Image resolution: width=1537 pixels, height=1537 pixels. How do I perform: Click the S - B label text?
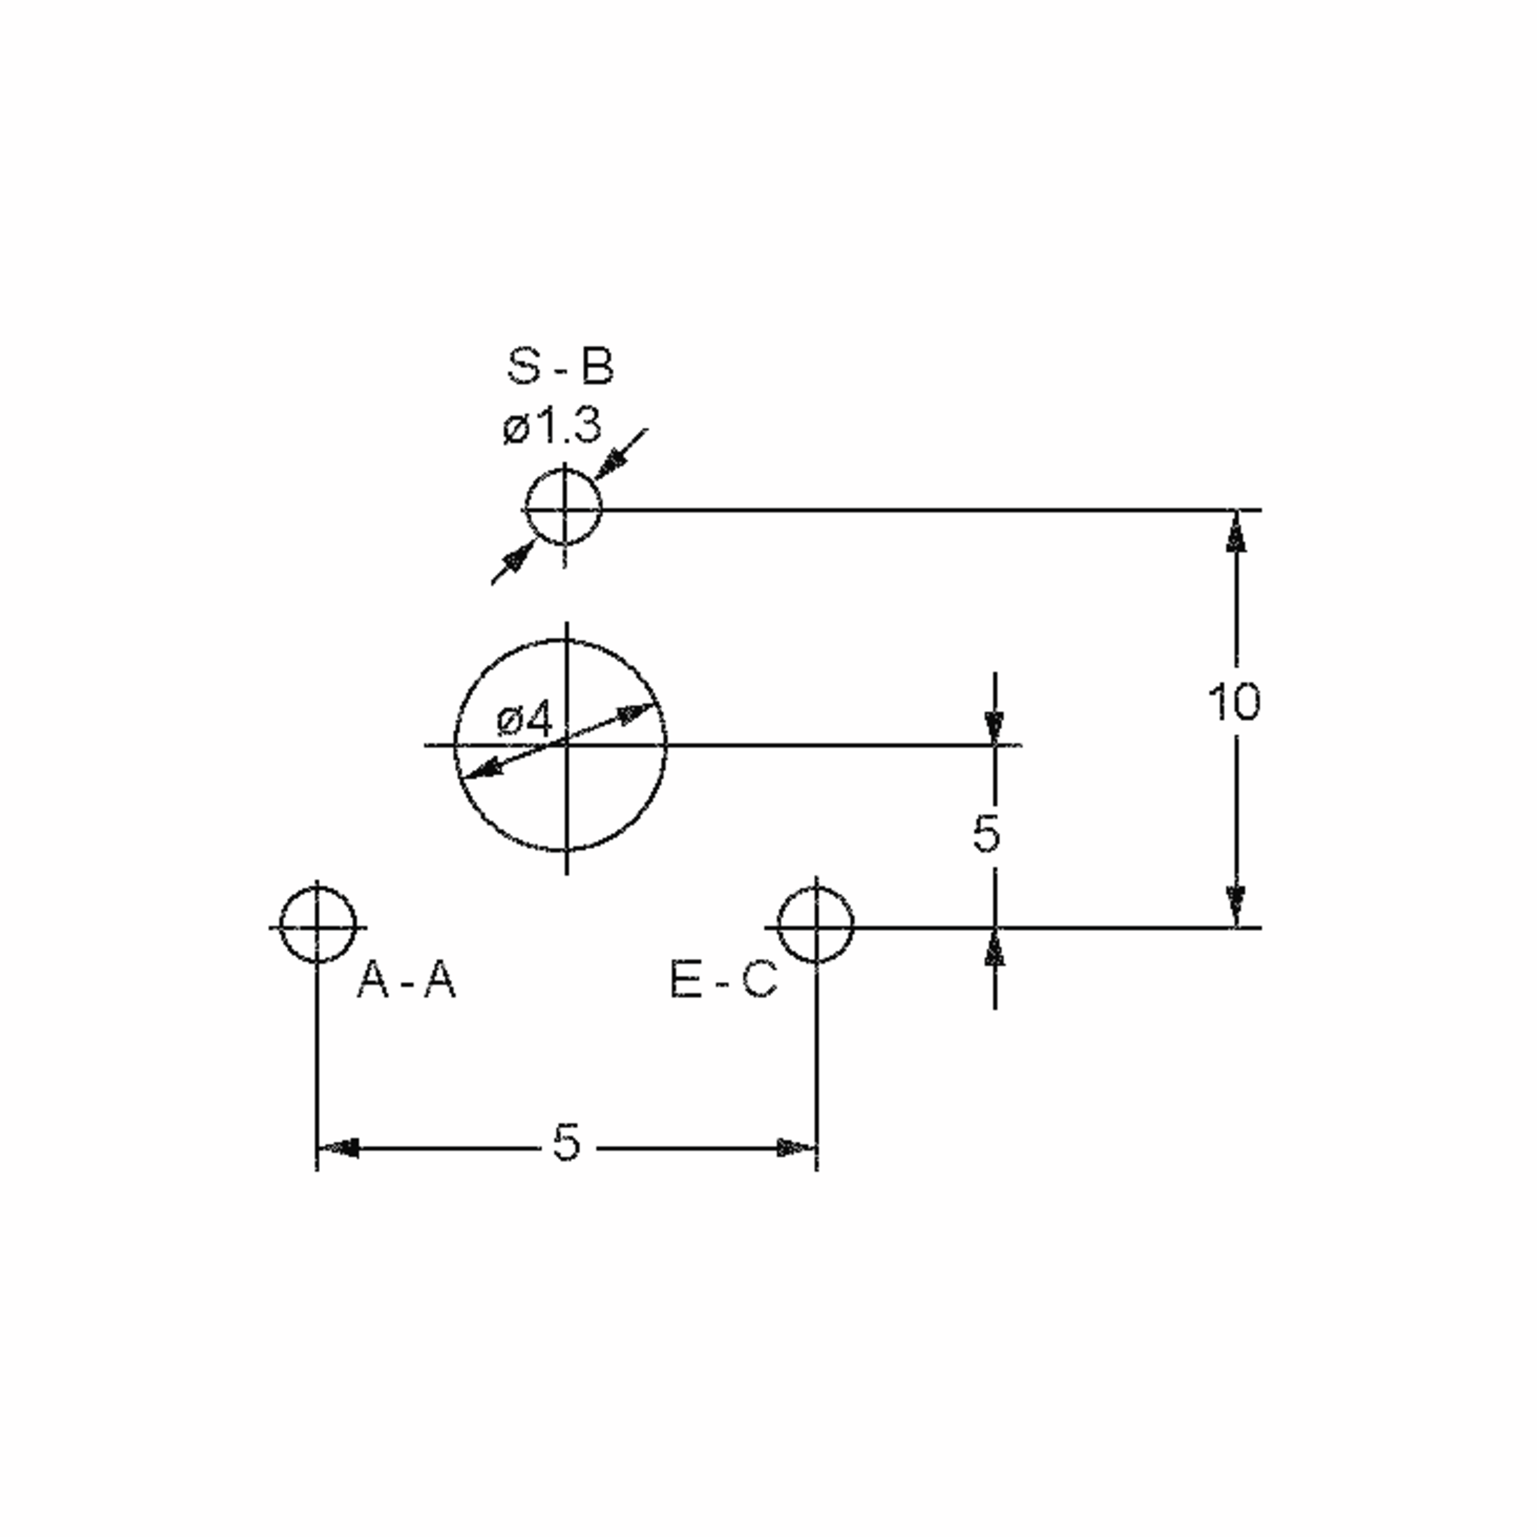click(x=560, y=368)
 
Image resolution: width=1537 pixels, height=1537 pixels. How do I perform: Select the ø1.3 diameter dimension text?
click(x=551, y=427)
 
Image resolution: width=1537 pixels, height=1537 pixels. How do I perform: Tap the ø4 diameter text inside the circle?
click(x=523, y=720)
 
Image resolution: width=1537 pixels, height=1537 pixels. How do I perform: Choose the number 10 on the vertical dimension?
click(x=1233, y=703)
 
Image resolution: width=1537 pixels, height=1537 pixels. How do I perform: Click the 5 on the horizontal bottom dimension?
click(x=566, y=1143)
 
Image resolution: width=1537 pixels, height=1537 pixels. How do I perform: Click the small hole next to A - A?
click(x=318, y=926)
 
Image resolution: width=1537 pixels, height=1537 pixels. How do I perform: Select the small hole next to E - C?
click(x=815, y=926)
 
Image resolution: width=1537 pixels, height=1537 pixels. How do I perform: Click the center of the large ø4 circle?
click(x=565, y=745)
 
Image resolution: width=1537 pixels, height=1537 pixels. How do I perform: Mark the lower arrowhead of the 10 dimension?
click(x=1235, y=906)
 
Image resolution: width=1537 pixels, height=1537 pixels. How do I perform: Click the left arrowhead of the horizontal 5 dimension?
click(x=339, y=1148)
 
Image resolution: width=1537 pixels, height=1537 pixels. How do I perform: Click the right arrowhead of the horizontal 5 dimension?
click(x=795, y=1148)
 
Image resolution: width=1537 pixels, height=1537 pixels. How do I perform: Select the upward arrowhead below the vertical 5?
click(x=995, y=948)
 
